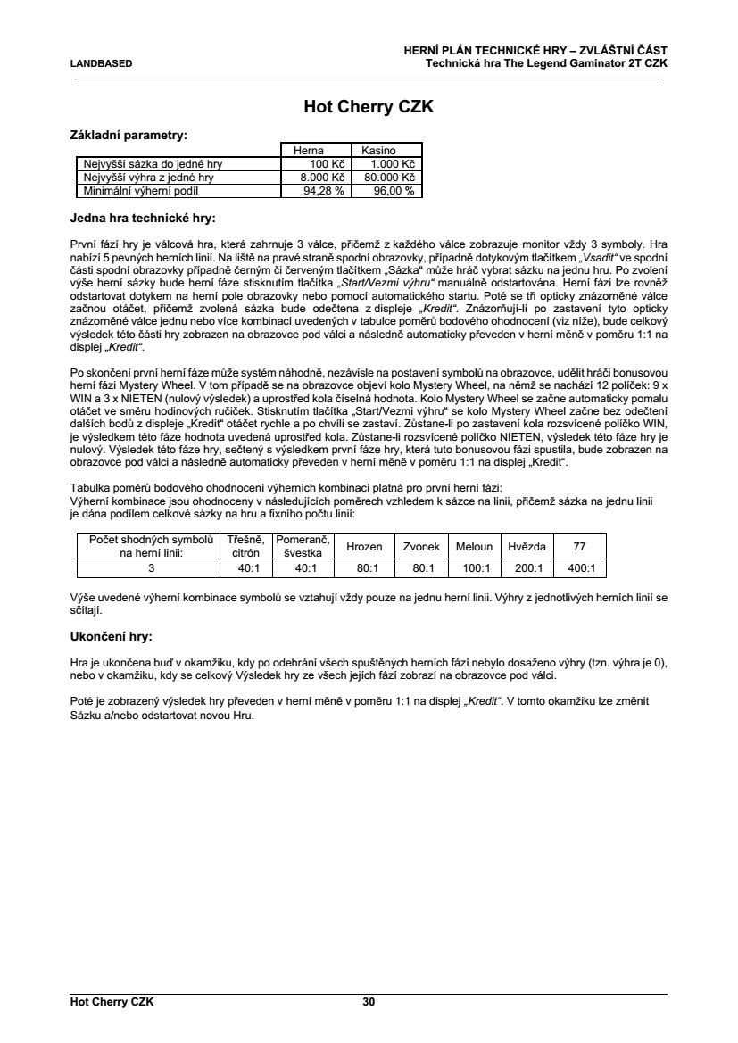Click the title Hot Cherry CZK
coord(369,107)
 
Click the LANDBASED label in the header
coord(101,63)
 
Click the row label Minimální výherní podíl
coord(138,191)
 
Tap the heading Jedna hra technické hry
coord(142,217)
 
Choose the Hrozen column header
coord(364,546)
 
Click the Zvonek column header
coord(421,546)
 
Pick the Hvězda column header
coord(527,546)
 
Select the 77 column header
coord(579,546)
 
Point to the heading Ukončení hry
coord(110,638)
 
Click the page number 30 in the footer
coord(369,1002)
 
